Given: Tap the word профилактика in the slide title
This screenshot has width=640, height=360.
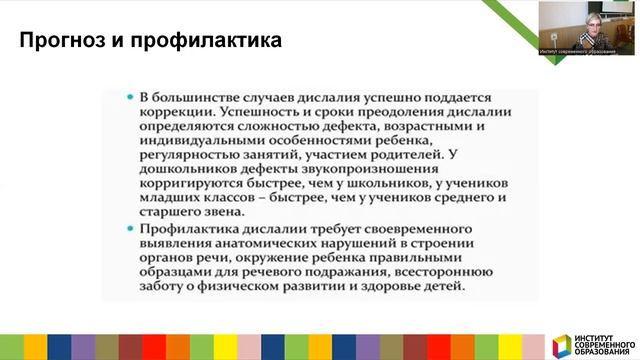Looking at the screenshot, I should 201,42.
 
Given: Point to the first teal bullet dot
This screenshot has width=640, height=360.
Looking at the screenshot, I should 131,97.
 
